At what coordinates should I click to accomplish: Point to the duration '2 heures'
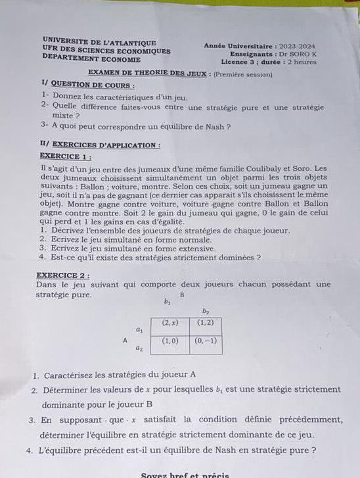[298, 62]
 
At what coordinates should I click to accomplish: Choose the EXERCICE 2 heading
[65, 275]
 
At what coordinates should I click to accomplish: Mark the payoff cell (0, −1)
[206, 341]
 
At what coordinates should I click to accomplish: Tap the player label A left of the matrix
[124, 340]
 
